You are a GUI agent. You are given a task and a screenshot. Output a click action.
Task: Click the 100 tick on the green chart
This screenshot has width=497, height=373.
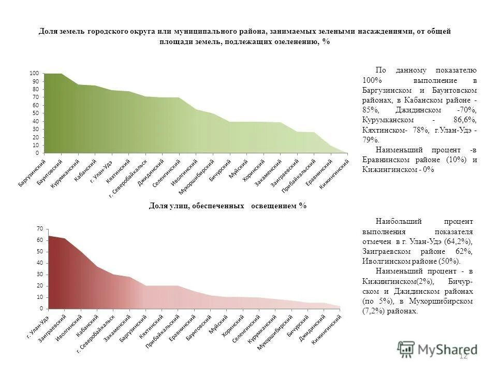tap(34, 74)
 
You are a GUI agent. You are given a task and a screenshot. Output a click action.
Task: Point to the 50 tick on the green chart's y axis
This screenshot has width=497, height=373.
tap(35, 113)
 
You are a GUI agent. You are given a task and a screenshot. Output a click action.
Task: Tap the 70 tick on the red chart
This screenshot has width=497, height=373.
tap(39, 228)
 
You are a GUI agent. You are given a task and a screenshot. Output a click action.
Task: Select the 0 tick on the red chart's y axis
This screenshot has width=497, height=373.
tap(41, 308)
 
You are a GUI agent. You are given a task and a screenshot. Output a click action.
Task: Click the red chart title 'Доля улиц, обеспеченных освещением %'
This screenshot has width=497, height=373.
tap(228, 206)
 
